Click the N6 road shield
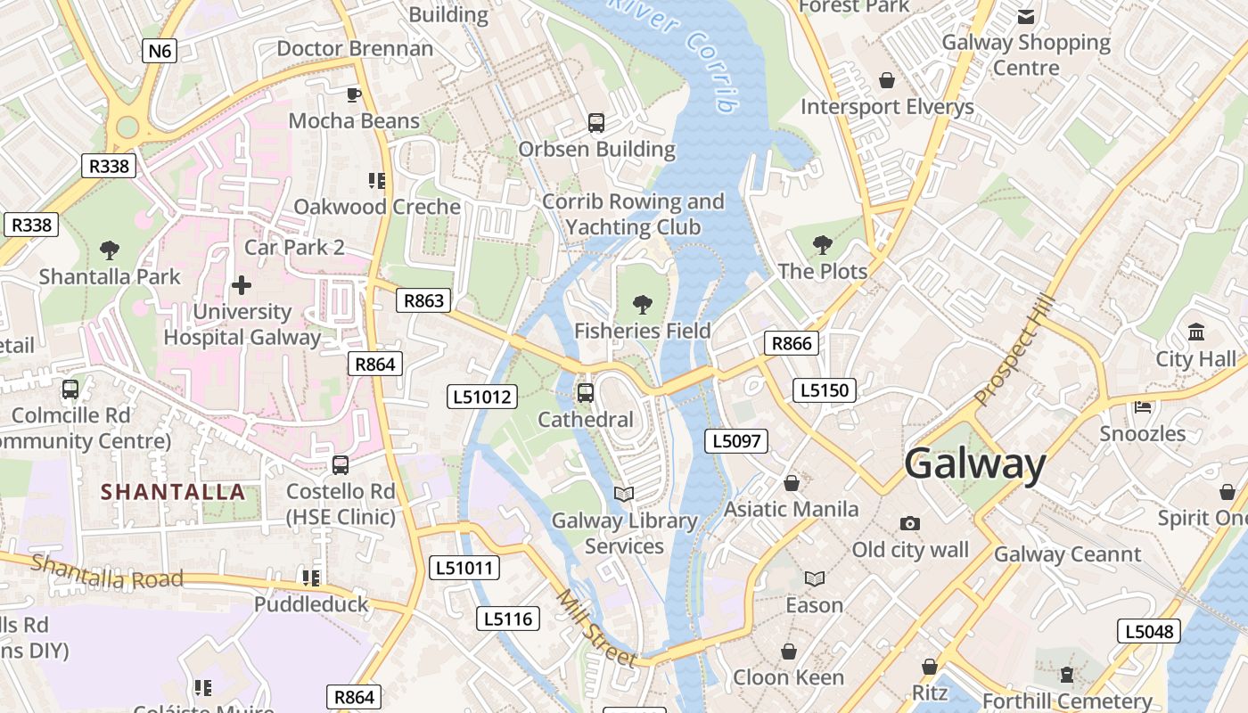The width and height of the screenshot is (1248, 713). point(160,51)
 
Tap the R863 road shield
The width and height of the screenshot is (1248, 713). point(423,300)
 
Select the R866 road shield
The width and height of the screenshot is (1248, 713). point(792,343)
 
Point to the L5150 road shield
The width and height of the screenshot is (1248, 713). point(825,389)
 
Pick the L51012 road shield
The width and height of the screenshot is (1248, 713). point(482,397)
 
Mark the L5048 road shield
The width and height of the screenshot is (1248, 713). point(1150,631)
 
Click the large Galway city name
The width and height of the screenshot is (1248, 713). point(975,464)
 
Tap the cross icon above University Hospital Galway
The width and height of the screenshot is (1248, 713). point(241,285)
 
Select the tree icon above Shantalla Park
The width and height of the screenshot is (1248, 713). point(110,250)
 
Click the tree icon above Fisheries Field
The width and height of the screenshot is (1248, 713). point(642,305)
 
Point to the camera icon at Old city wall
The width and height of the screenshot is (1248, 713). point(909,523)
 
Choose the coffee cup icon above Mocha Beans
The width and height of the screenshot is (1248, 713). point(354,94)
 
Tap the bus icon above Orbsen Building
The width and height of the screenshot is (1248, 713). point(596,123)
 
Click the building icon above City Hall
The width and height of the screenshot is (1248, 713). point(1196,332)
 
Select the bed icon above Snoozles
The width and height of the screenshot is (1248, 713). point(1143,407)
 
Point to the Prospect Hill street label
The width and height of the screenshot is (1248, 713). point(1015,350)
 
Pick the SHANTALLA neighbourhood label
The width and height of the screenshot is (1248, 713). point(173,491)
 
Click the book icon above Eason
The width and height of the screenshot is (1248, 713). point(814,578)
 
